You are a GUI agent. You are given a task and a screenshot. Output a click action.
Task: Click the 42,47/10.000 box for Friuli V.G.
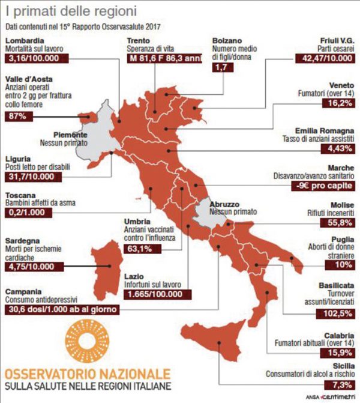(326, 58)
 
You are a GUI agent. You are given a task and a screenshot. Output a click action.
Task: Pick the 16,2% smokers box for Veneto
(340, 103)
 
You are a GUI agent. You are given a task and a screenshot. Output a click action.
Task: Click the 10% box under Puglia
(344, 264)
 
